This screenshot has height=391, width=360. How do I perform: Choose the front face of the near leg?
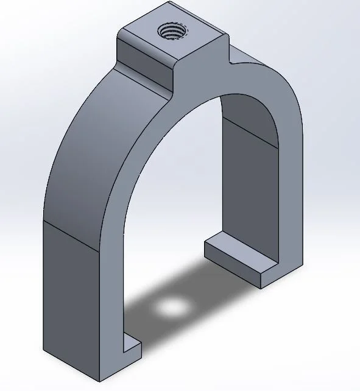click(113, 292)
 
